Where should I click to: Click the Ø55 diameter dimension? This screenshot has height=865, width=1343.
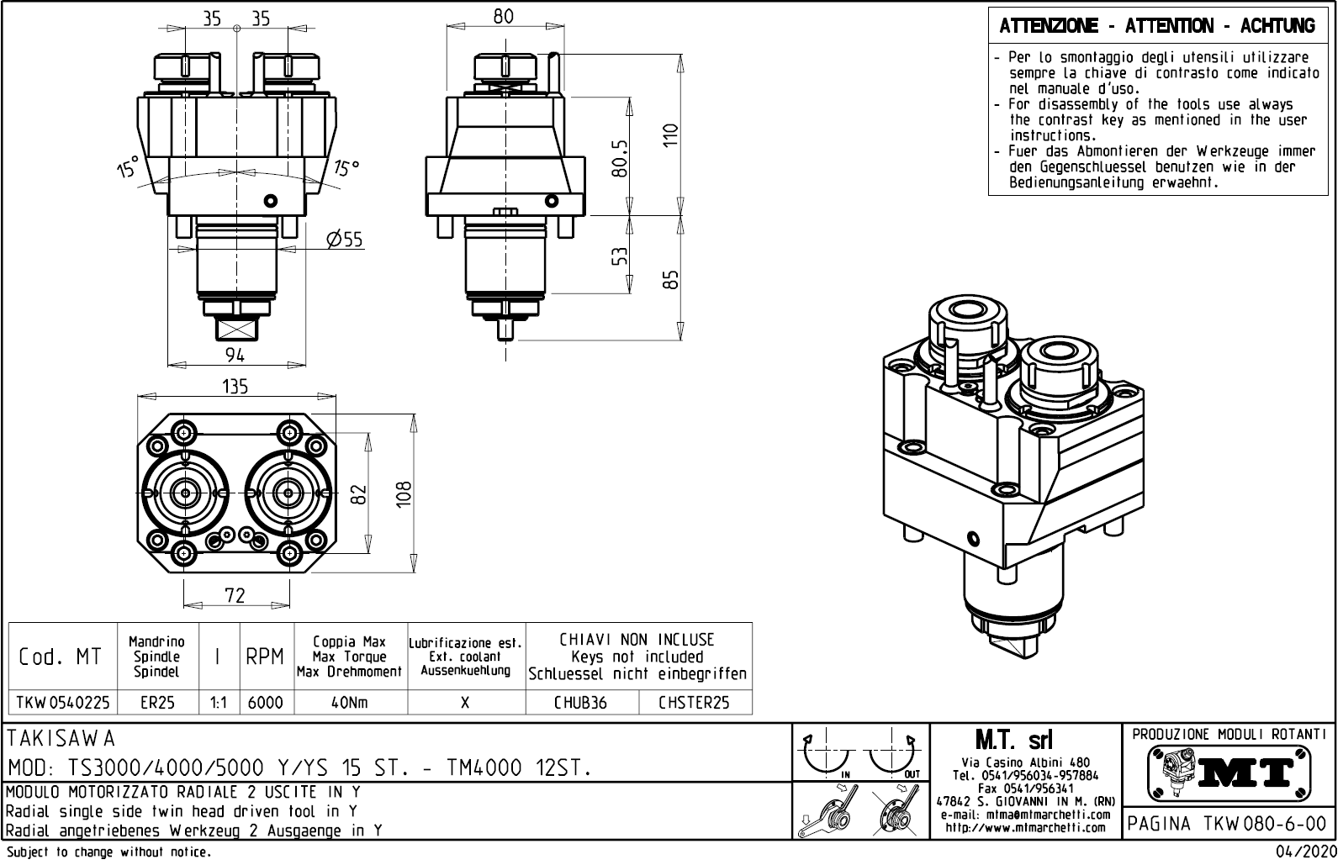[x=345, y=240]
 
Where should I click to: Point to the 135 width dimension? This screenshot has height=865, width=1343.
[x=235, y=386]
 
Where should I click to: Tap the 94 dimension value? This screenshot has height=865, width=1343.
[x=235, y=356]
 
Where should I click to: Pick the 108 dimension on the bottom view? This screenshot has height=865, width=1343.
[x=404, y=495]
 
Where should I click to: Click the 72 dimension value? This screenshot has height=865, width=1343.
[x=235, y=595]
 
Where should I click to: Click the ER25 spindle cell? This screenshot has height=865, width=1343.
[x=157, y=702]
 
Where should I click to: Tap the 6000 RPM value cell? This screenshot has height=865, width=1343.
[x=266, y=702]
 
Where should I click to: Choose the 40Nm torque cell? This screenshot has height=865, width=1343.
[x=350, y=702]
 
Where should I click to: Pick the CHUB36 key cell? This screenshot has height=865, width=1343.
[x=580, y=702]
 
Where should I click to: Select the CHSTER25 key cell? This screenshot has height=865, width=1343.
[x=694, y=702]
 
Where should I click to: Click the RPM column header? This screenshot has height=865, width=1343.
[x=266, y=657]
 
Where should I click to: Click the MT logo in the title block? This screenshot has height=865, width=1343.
[x=1229, y=771]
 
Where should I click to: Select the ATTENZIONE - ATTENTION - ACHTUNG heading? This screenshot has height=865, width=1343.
[x=1157, y=26]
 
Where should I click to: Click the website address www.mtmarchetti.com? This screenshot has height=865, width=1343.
[x=1025, y=828]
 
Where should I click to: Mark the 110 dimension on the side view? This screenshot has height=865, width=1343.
[x=670, y=134]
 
